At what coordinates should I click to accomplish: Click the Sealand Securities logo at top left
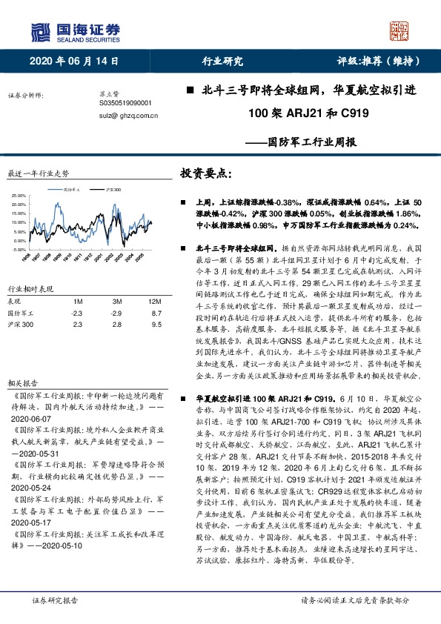coord(74,31)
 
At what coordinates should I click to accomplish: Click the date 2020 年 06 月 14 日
coord(74,62)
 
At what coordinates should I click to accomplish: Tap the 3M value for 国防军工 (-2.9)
coord(116,313)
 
